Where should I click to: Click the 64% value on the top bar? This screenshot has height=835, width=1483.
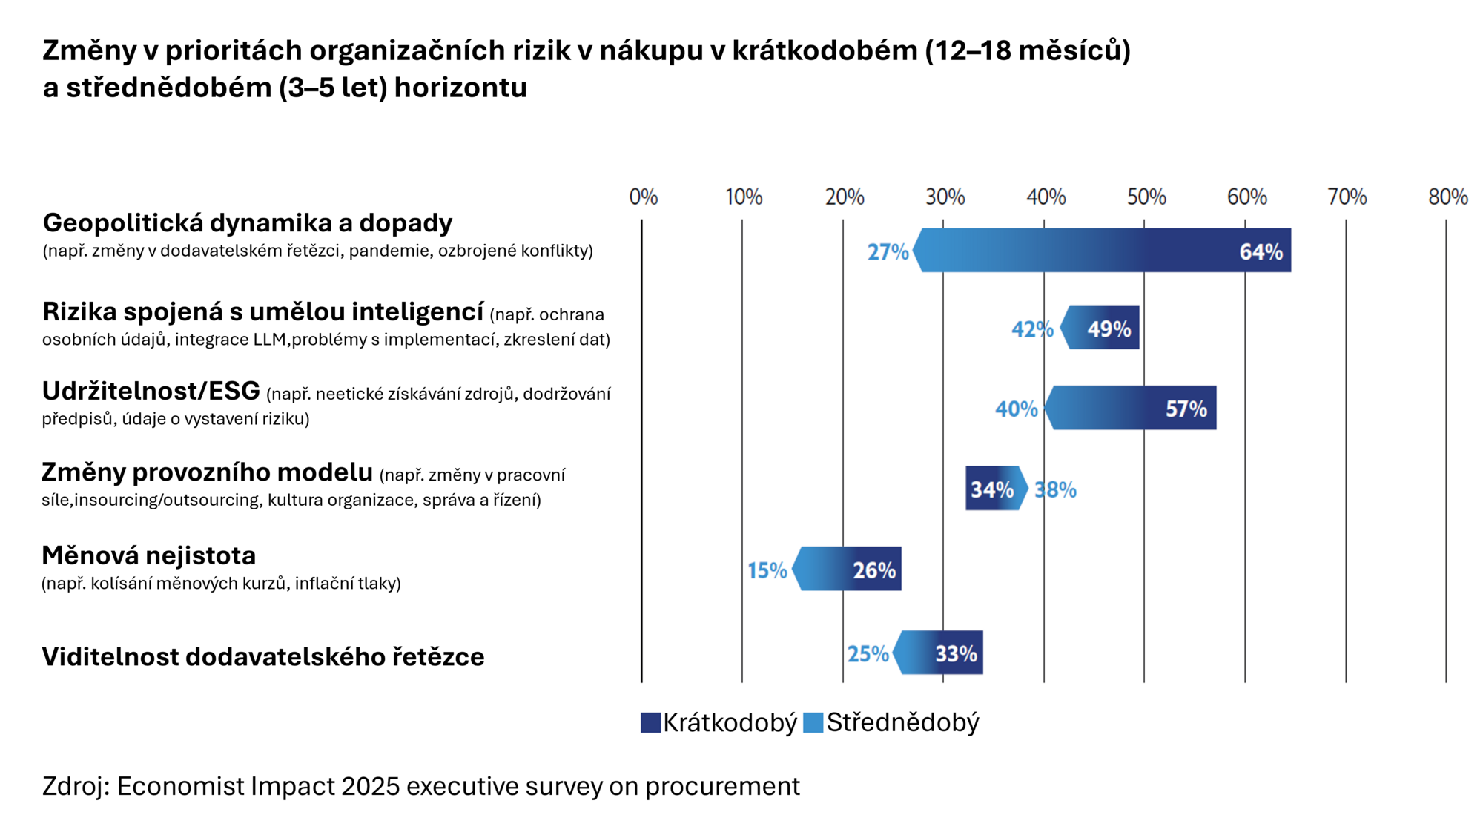(x=1261, y=252)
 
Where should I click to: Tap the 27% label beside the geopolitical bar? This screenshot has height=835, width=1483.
(x=888, y=252)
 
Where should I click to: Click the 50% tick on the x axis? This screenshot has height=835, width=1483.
(x=1146, y=197)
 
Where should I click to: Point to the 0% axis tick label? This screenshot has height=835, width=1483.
(x=643, y=197)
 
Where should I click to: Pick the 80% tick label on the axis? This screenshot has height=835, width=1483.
(x=1447, y=197)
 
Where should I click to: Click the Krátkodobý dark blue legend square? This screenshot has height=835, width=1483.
(x=650, y=723)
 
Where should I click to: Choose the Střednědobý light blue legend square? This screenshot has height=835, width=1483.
(x=813, y=723)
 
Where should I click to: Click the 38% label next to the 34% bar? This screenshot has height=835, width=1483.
(x=1055, y=489)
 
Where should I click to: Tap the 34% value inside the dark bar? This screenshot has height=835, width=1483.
(x=991, y=489)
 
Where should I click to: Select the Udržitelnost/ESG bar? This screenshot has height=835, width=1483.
(x=1132, y=408)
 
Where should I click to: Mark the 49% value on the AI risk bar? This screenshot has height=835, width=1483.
(x=1109, y=329)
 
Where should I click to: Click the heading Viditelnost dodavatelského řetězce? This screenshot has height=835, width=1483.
(x=262, y=657)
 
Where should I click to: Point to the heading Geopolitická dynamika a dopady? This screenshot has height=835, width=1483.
(x=247, y=223)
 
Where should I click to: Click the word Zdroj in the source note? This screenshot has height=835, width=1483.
(x=72, y=786)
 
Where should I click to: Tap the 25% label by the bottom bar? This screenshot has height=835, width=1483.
(x=868, y=653)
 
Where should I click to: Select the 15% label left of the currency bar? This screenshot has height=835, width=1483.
(x=767, y=570)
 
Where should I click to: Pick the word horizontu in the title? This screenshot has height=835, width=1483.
(x=460, y=88)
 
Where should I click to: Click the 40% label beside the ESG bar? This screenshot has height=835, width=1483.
(x=1016, y=409)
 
